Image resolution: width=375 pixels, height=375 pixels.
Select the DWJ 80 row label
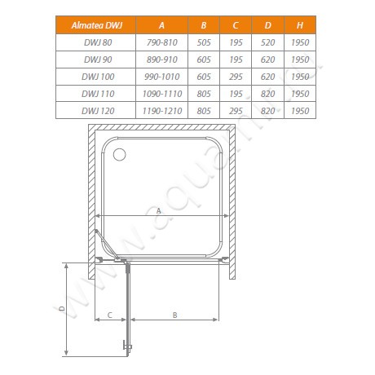pyautogui.click(x=92, y=43)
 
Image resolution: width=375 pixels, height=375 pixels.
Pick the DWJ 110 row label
pyautogui.click(x=92, y=92)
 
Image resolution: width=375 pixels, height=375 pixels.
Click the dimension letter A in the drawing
pyautogui.click(x=158, y=210)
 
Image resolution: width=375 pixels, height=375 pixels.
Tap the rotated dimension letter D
pyautogui.click(x=62, y=309)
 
